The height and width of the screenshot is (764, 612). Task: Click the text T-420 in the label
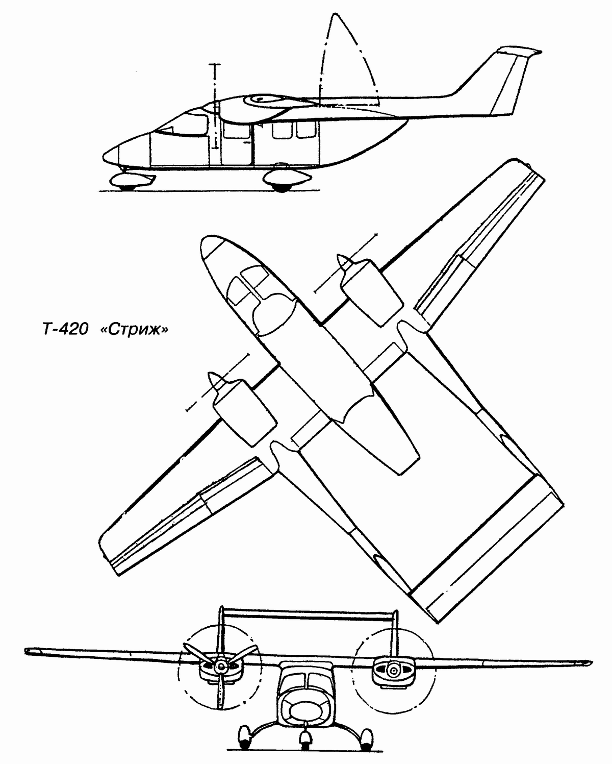pyautogui.click(x=65, y=330)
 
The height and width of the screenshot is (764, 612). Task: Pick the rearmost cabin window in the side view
pyautogui.click(x=306, y=130)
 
